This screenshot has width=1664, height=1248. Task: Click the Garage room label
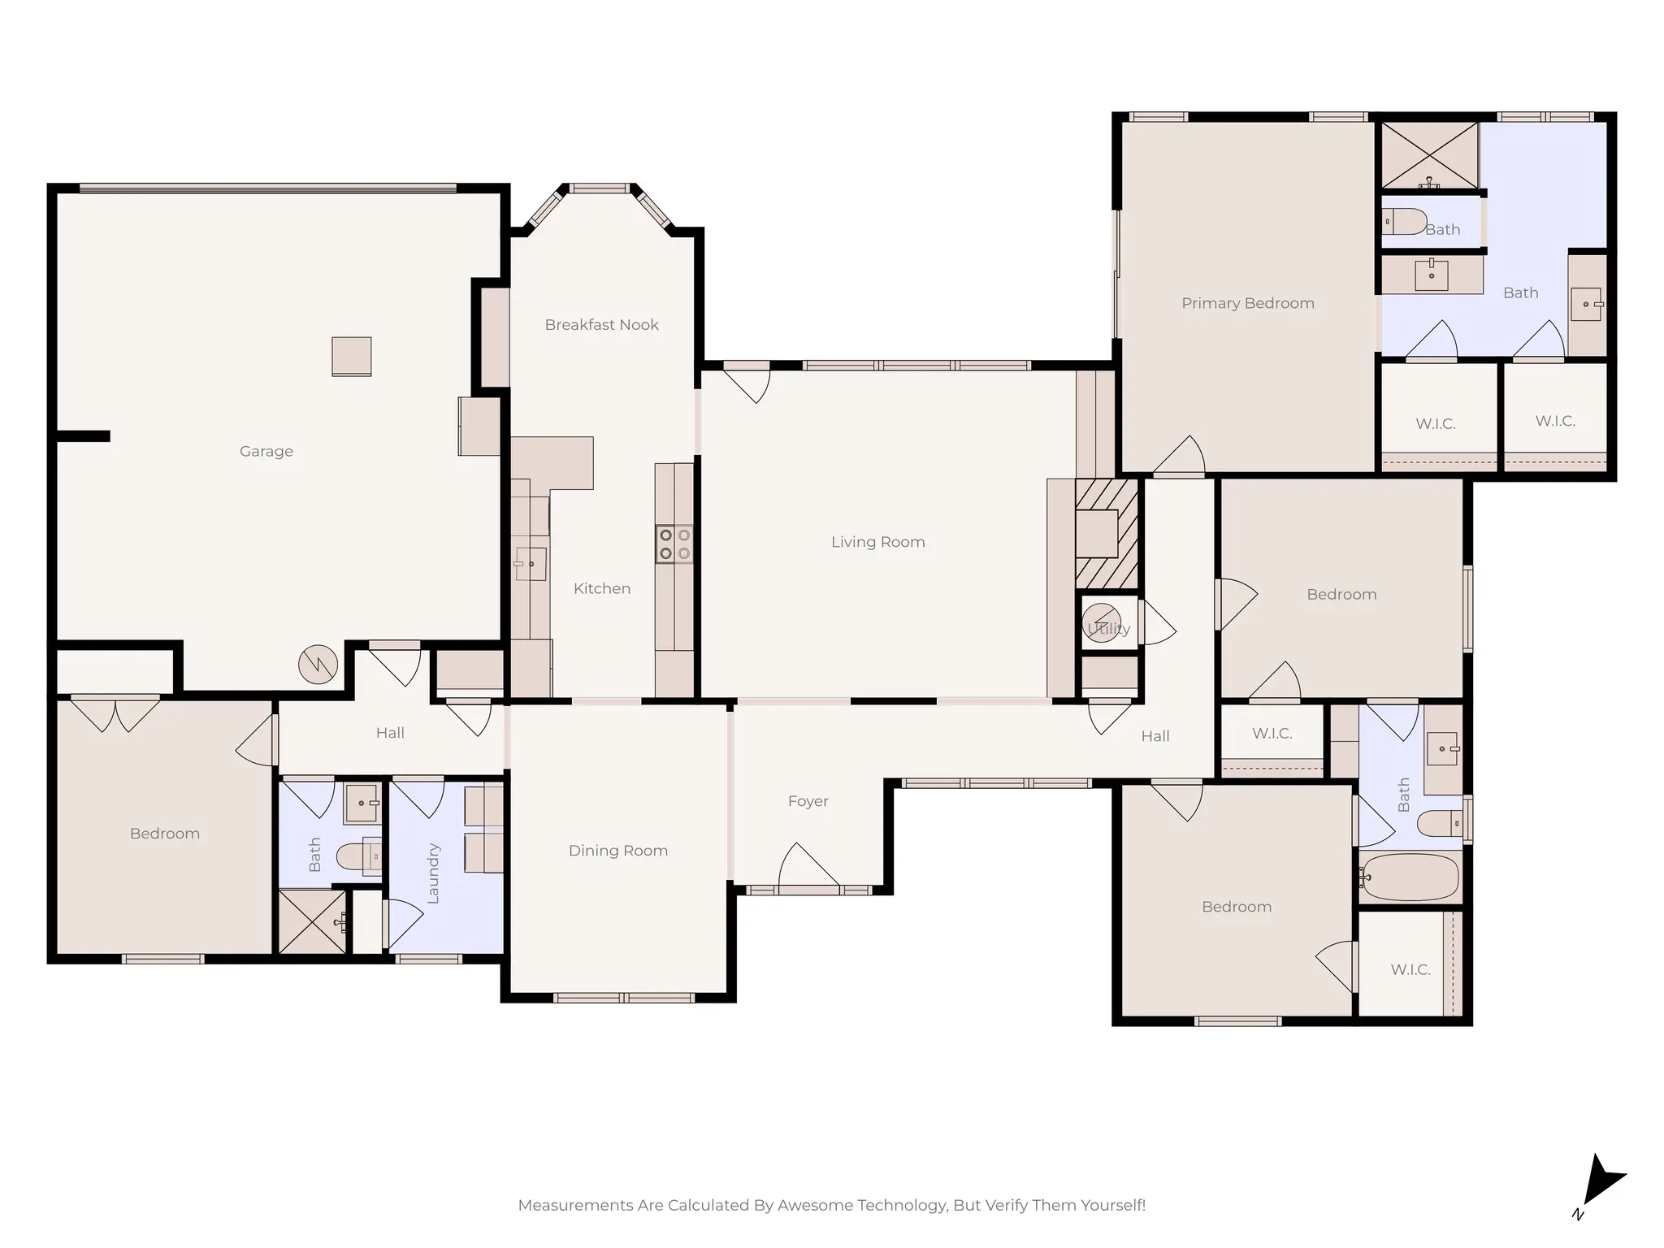[x=266, y=451]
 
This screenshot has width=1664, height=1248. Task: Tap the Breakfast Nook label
[x=601, y=325]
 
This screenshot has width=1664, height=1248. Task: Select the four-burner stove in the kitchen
[x=674, y=544]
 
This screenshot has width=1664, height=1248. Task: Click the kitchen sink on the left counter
[x=531, y=563]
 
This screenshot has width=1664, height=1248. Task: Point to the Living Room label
[x=877, y=542]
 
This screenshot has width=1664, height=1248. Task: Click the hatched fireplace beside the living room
[x=1107, y=533]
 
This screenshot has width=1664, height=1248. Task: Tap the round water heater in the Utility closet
[x=1102, y=623]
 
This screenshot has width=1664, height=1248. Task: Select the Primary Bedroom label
[x=1247, y=303]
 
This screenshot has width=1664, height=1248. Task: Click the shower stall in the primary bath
[x=1429, y=156]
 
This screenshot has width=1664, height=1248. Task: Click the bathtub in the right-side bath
[x=1410, y=877]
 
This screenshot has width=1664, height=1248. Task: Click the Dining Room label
[x=617, y=851]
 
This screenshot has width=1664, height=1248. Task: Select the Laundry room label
[x=433, y=873]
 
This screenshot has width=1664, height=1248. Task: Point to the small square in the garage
[x=352, y=357]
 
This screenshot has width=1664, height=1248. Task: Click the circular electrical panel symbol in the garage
[x=318, y=665]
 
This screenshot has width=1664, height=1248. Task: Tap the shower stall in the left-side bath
[x=312, y=921]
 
